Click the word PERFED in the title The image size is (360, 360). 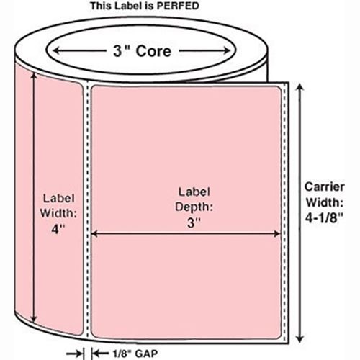tap(177, 6)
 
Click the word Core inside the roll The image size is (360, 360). tap(153, 51)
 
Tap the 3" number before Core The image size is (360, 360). tap(121, 51)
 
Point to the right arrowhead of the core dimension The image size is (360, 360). tap(226, 50)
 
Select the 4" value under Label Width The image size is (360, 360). tap(58, 229)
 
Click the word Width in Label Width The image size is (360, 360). tap(58, 213)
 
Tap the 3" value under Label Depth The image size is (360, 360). tap(194, 222)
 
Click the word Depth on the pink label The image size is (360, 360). tap(194, 207)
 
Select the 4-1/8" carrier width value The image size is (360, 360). tap(324, 218)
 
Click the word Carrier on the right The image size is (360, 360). tap(325, 186)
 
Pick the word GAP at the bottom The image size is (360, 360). tap(146, 354)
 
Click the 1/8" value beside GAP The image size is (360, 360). tap(122, 354)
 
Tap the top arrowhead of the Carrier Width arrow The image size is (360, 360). tap(300, 87)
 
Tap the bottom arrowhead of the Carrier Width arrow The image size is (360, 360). tap(300, 338)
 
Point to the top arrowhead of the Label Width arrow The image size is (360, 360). tap(34, 76)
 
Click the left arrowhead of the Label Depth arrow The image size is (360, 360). tap(95, 233)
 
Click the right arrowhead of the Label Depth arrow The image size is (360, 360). tap(276, 233)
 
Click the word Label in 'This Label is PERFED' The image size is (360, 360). tap(129, 6)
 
